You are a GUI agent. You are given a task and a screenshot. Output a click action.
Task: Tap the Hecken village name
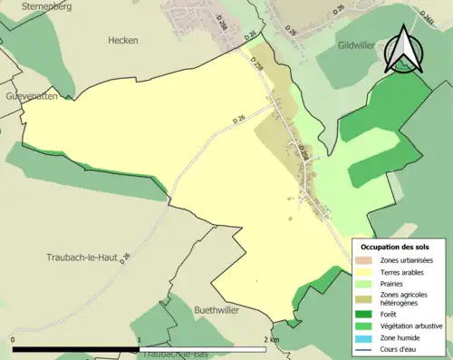pyautogui.click(x=122, y=41)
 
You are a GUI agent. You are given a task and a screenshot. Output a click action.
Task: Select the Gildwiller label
pyautogui.click(x=362, y=44)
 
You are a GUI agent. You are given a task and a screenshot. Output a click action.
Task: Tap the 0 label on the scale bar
pyautogui.click(x=14, y=340)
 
